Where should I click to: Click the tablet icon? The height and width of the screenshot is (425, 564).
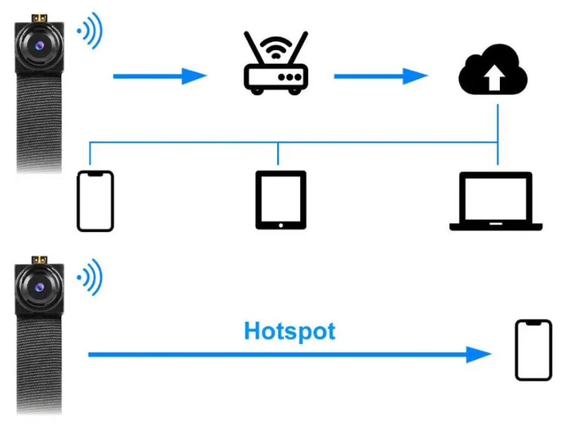pyautogui.click(x=281, y=200)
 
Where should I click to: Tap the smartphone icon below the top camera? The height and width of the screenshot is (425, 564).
pyautogui.click(x=95, y=200)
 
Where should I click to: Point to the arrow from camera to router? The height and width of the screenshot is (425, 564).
pyautogui.click(x=159, y=75)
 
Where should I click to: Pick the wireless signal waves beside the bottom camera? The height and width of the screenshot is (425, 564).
pyautogui.click(x=90, y=278)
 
